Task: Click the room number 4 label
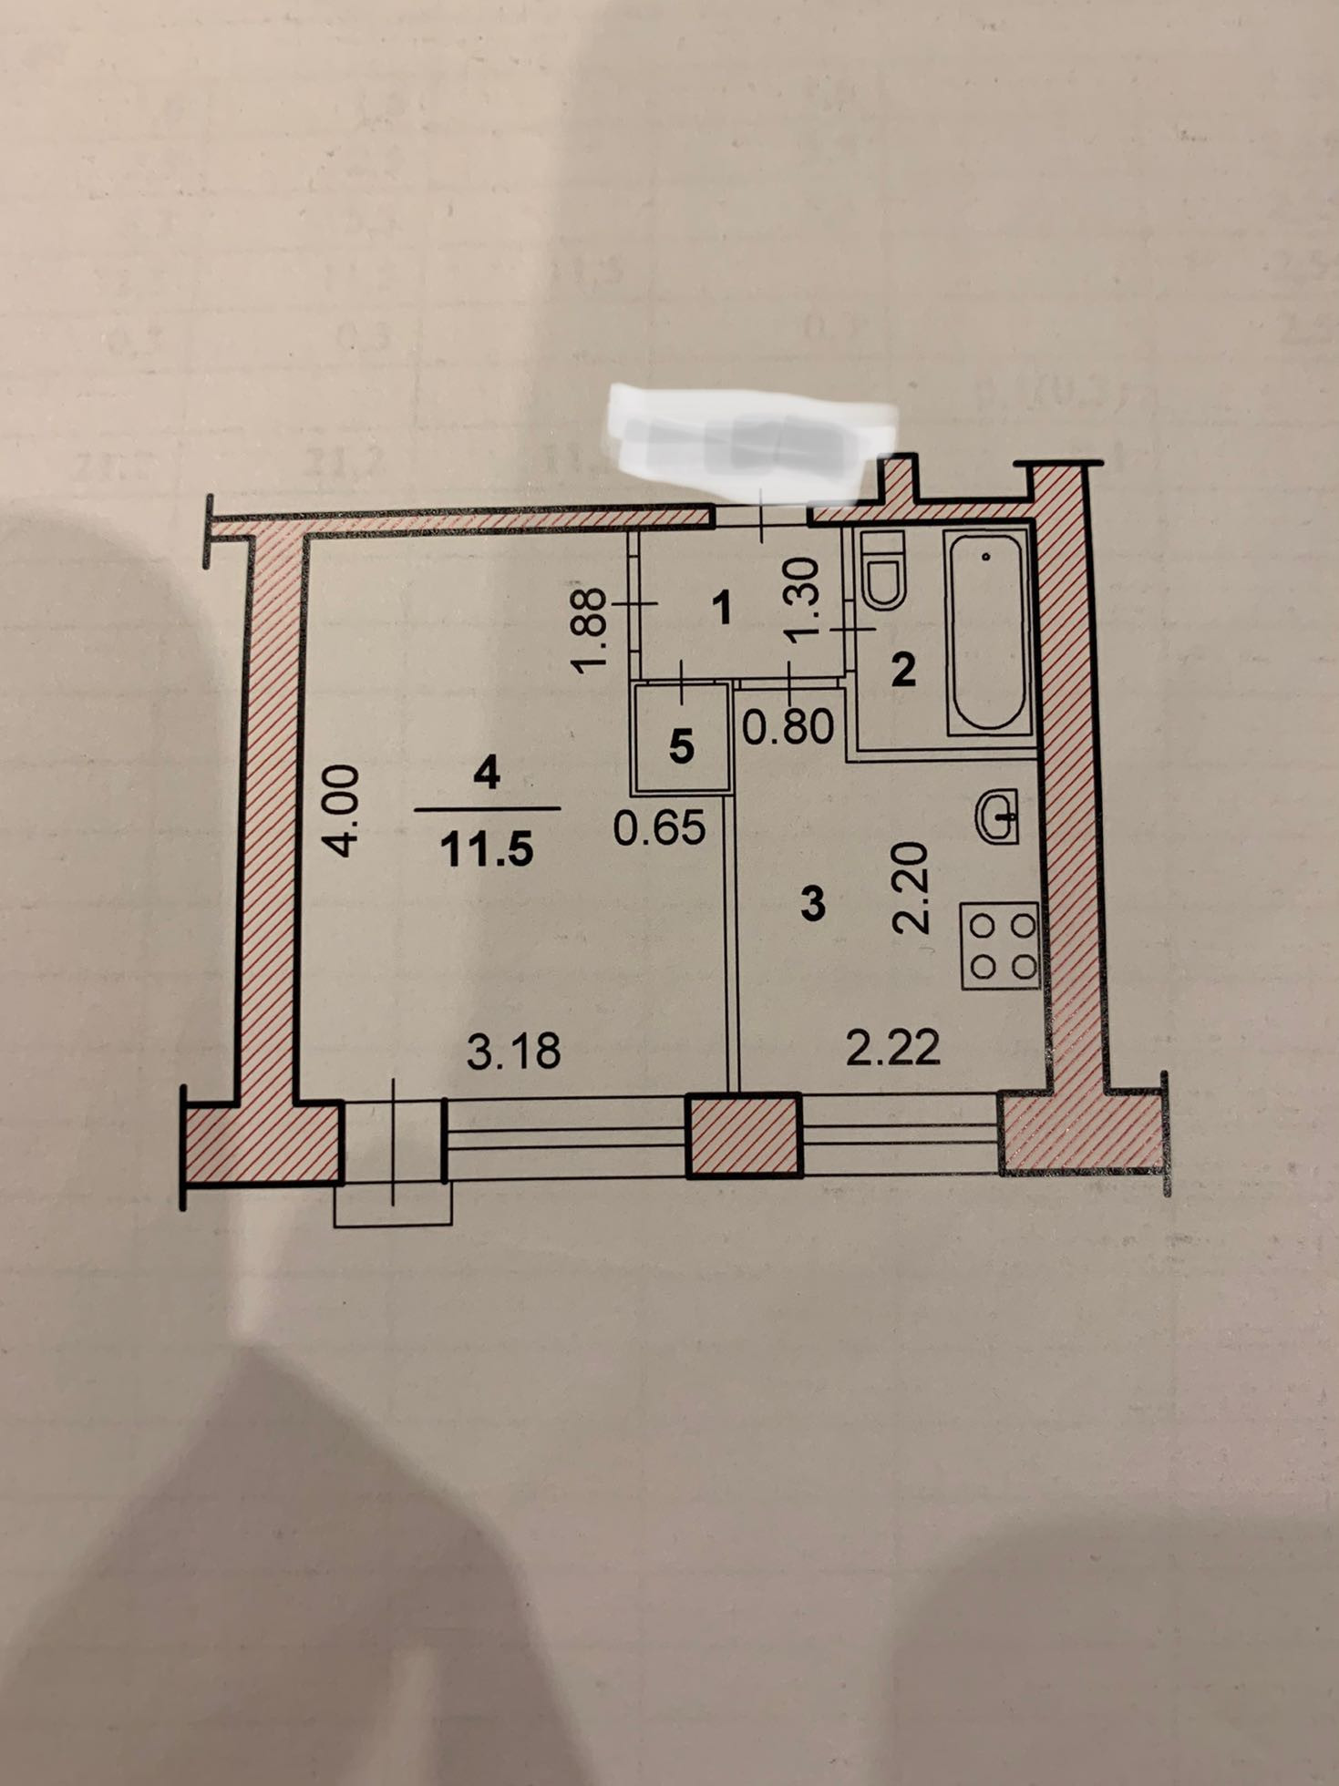pyautogui.click(x=487, y=775)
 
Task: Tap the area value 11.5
pyautogui.click(x=486, y=850)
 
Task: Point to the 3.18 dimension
pyautogui.click(x=513, y=1051)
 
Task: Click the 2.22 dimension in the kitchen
pyautogui.click(x=892, y=1048)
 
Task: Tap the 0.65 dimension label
pyautogui.click(x=660, y=827)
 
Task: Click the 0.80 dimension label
pyautogui.click(x=788, y=726)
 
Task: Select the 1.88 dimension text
pyautogui.click(x=591, y=630)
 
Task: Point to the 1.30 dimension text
pyautogui.click(x=806, y=600)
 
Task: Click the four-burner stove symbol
pyautogui.click(x=1000, y=945)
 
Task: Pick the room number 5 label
pyautogui.click(x=681, y=746)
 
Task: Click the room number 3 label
pyautogui.click(x=811, y=904)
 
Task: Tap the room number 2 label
pyautogui.click(x=902, y=672)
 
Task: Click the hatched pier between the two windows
pyautogui.click(x=744, y=1135)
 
